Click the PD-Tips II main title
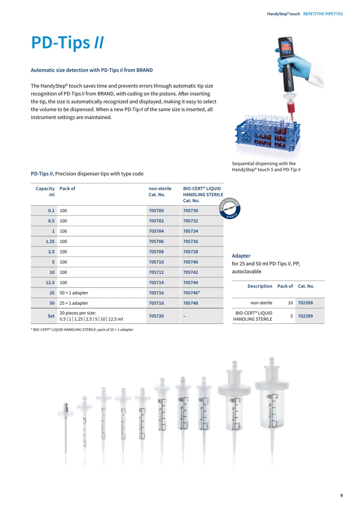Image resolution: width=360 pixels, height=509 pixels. (67, 43)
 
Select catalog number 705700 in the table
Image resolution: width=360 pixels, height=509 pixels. (156, 211)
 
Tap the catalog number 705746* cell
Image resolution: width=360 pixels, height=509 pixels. (191, 293)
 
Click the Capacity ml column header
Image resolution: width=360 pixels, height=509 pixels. (45, 192)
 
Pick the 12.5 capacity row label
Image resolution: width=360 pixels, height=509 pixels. (50, 282)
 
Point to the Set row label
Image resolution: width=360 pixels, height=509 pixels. (51, 316)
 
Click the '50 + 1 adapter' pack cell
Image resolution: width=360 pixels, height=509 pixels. (74, 293)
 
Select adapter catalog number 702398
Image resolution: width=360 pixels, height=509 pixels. (305, 303)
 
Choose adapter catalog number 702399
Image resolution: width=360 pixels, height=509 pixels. (305, 316)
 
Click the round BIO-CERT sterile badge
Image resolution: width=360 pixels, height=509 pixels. (230, 209)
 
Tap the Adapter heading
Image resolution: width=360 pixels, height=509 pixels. (241, 256)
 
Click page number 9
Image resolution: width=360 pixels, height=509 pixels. (342, 495)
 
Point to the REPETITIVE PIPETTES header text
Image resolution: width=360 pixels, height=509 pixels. (323, 14)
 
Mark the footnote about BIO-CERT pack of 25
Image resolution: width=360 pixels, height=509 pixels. (82, 330)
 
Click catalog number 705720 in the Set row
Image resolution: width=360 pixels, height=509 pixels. (156, 316)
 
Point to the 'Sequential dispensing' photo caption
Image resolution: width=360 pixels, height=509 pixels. (266, 167)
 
